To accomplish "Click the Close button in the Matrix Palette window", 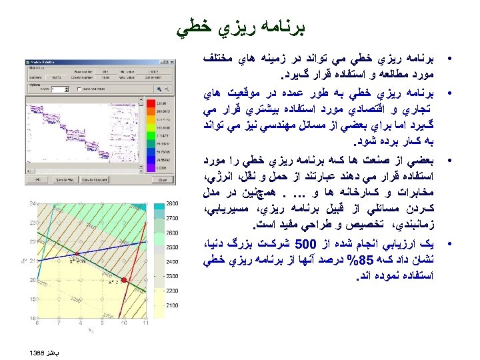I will [163, 179].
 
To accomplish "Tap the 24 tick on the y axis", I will [32, 203].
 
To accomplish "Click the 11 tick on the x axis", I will [145, 324].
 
